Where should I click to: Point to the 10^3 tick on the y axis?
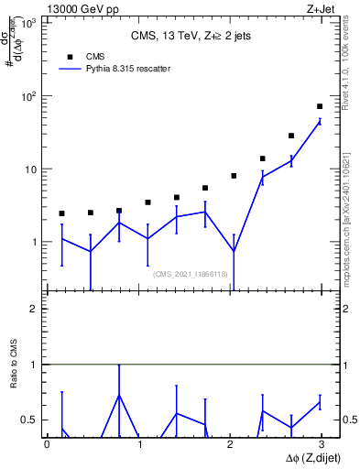(x=30, y=23)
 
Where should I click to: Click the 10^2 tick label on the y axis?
(x=30, y=96)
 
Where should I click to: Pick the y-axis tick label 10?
(x=32, y=169)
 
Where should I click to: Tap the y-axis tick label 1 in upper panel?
(x=36, y=243)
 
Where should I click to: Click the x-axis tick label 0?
(x=47, y=445)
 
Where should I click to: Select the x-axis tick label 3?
(x=321, y=445)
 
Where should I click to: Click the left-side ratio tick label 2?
(x=36, y=309)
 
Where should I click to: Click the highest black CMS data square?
(x=320, y=106)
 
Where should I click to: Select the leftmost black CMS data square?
(x=61, y=213)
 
